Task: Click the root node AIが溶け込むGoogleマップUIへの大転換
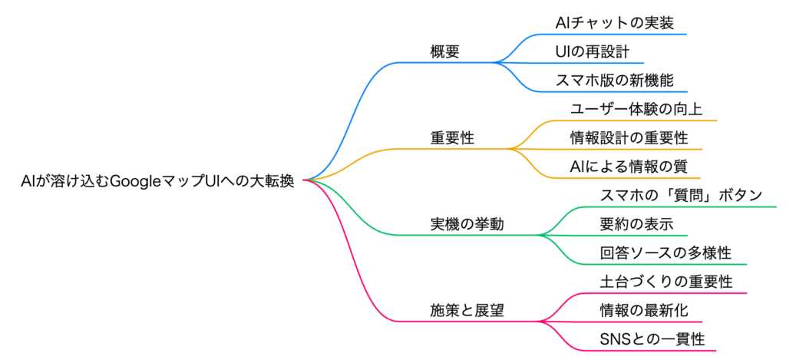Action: [x=158, y=181]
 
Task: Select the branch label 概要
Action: [x=445, y=51]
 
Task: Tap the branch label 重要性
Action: [x=452, y=138]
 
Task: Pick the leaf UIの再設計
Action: [x=592, y=51]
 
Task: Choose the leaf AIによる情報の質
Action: [x=629, y=167]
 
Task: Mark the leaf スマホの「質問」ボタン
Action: [x=680, y=196]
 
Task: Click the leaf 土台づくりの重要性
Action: [x=665, y=282]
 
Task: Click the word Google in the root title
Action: [x=135, y=181]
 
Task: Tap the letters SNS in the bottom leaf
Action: [x=613, y=339]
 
